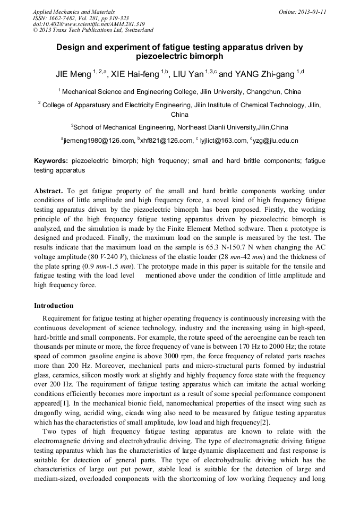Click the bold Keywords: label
tap(51, 161)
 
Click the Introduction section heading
tap(54, 306)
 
